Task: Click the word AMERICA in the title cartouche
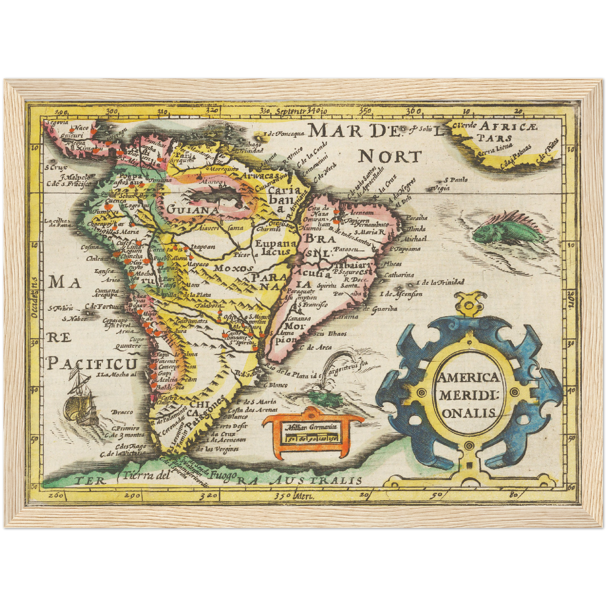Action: click(468, 377)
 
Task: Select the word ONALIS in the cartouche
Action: click(468, 413)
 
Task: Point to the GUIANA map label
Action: click(193, 209)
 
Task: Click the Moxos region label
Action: click(234, 268)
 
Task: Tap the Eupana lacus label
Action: click(273, 247)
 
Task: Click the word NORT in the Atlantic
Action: click(389, 157)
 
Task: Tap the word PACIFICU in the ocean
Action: click(92, 363)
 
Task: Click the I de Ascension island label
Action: click(401, 294)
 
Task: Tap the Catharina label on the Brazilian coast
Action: click(399, 275)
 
